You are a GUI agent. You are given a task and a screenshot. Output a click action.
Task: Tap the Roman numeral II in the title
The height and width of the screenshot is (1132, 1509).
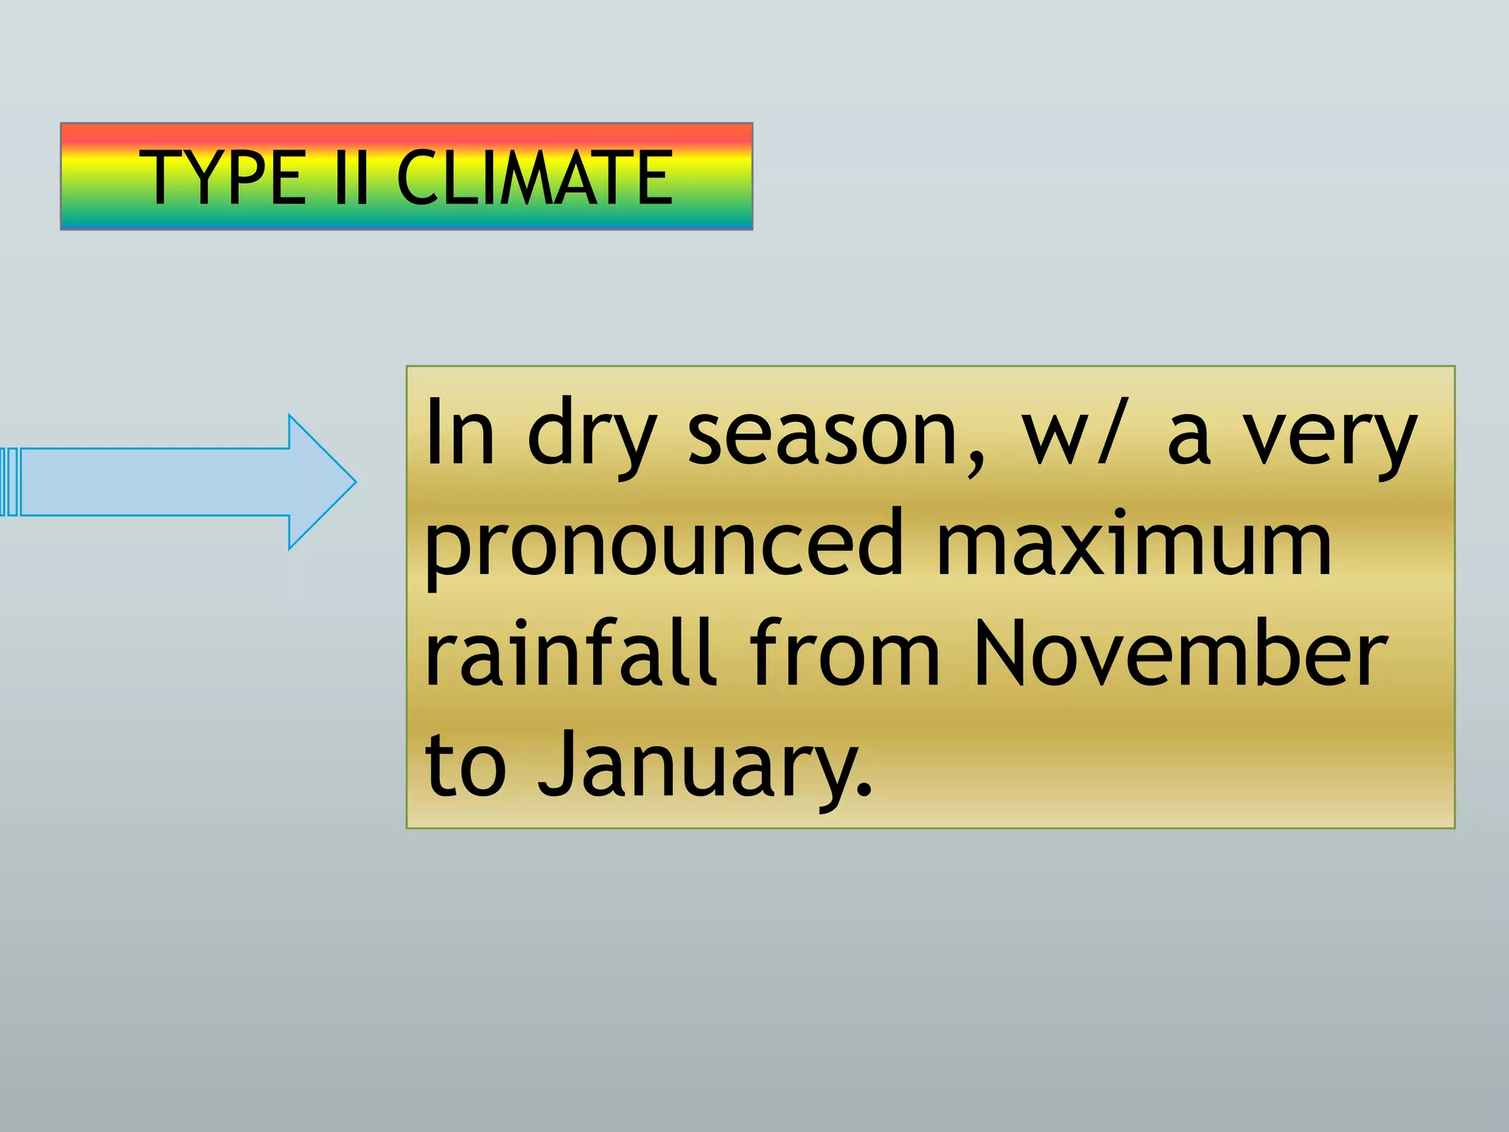click(x=350, y=177)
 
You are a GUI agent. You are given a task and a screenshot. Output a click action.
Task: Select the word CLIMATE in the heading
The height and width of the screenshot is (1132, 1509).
click(x=534, y=177)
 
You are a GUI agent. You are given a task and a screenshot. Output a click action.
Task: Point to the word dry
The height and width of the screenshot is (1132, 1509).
click(x=591, y=436)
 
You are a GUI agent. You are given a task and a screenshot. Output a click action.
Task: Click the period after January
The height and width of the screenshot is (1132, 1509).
click(x=865, y=792)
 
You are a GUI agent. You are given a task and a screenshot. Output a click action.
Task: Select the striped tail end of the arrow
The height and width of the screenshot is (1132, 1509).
click(x=9, y=482)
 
